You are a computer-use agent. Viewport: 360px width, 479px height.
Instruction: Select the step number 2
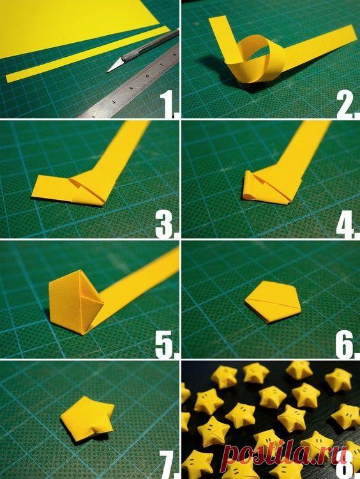tap(346, 105)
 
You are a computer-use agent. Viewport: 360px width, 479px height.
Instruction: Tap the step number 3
tap(166, 225)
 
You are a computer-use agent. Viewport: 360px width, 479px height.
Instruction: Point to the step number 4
tap(346, 225)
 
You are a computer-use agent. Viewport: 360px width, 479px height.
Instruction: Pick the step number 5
tap(167, 345)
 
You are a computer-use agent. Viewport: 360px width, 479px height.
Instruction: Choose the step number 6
tap(346, 345)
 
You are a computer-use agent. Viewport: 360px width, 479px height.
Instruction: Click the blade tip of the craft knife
tap(107, 72)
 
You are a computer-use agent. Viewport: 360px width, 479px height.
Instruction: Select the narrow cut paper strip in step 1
tap(88, 54)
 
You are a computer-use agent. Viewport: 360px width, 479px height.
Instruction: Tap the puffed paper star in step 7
tap(87, 418)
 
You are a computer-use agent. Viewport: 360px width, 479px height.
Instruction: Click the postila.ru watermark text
tap(285, 455)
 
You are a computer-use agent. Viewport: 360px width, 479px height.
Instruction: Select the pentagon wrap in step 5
tap(76, 302)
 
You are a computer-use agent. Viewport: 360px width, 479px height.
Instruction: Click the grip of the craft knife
tap(134, 54)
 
